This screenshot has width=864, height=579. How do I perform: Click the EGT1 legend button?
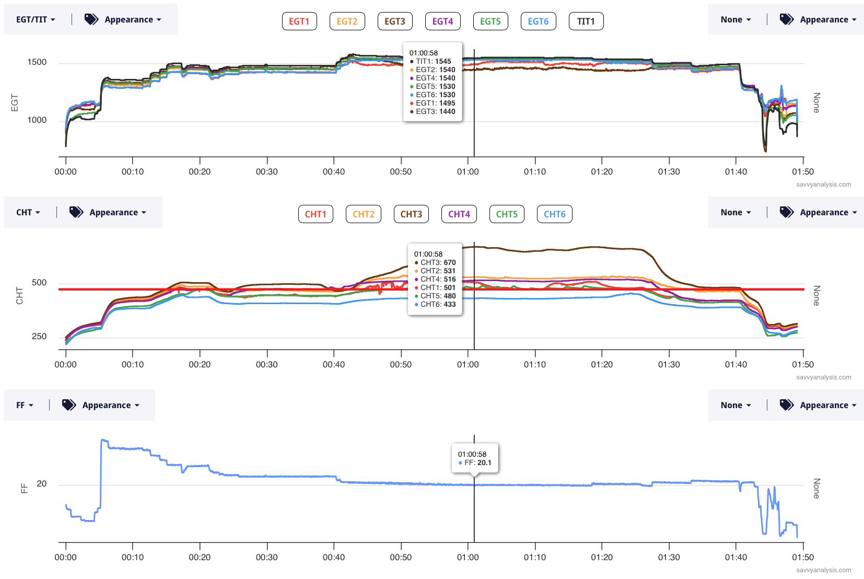pos(299,21)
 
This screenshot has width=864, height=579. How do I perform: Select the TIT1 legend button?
pos(586,21)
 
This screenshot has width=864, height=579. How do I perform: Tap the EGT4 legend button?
pos(442,21)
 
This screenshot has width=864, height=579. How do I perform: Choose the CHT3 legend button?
pos(411,214)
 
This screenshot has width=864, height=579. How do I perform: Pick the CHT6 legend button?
pos(554,214)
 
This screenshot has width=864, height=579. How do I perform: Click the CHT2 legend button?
pos(363,214)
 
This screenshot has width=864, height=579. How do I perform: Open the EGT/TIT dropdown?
pos(36,20)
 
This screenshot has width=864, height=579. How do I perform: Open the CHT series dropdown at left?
pos(28,213)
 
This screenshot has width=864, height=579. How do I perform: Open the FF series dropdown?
pos(25,406)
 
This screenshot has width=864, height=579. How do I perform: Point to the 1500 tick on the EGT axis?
pos(37,62)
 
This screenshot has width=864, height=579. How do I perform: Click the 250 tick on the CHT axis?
pos(39,337)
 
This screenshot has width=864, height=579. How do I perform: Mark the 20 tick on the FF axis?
pos(42,484)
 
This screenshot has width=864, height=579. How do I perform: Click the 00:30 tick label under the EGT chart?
pos(267,172)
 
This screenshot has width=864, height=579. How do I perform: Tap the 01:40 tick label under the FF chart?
pos(735,558)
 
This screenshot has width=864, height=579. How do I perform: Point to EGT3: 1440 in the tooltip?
pos(435,112)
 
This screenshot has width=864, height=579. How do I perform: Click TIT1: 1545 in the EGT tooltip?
pos(433,62)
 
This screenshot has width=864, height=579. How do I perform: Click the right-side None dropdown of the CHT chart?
pos(735,213)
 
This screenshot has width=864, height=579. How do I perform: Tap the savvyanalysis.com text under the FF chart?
pos(823,570)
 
